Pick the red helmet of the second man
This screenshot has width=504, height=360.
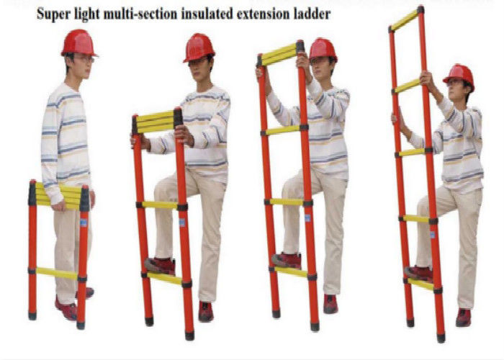pos(199,48)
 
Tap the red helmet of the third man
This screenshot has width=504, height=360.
pos(323,50)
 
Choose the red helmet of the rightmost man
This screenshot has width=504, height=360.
pos(459,77)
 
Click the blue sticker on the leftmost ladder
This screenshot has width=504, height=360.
pos(84,222)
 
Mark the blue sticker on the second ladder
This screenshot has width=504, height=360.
pos(182,222)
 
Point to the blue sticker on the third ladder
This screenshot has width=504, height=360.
pos(307,218)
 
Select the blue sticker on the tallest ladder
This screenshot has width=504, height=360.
pos(433,235)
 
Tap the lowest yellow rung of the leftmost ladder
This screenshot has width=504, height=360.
pos(57,273)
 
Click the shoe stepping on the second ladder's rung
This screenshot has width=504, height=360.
pos(160,266)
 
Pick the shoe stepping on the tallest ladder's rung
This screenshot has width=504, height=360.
pos(419,274)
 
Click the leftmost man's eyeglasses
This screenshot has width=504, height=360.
pos(85,59)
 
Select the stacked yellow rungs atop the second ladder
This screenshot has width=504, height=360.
pos(155,122)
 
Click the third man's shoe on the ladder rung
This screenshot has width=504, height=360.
pos(287,261)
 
